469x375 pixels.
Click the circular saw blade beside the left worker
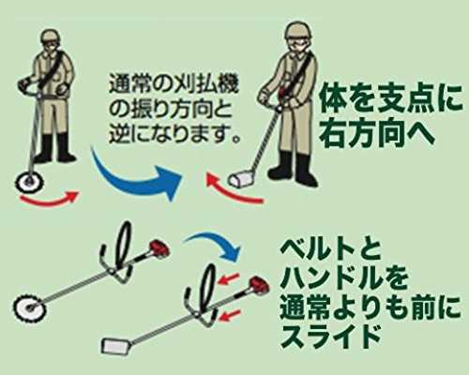(x=30, y=181)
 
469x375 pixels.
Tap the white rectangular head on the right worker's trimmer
(x=241, y=180)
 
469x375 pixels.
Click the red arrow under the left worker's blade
(x=49, y=199)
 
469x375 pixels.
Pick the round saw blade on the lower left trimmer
(x=30, y=306)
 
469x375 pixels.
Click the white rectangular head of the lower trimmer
(x=113, y=346)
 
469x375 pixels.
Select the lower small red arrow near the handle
(x=230, y=316)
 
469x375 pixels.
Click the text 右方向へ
(x=378, y=133)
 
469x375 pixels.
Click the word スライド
(x=331, y=337)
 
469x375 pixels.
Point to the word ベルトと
(x=330, y=252)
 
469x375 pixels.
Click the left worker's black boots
(x=54, y=149)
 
